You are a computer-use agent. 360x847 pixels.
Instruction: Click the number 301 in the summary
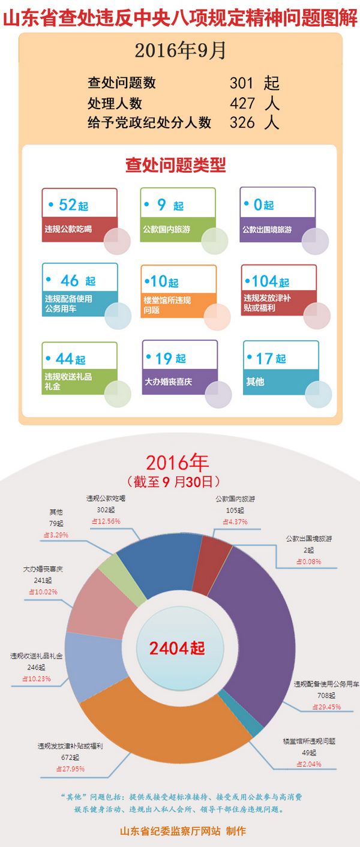[242, 83]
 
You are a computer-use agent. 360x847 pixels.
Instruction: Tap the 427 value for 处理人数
[242, 103]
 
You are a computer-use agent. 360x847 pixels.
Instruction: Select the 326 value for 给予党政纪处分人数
[242, 123]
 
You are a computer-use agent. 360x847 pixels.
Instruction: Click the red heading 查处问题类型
[175, 165]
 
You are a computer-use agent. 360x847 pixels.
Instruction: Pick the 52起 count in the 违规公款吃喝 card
[73, 205]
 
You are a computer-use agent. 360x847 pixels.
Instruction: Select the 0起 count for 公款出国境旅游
[263, 205]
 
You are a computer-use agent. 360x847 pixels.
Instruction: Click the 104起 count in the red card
[269, 281]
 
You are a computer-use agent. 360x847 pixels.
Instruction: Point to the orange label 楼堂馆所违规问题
[167, 305]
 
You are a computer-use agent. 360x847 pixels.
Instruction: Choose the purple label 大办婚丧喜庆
[169, 382]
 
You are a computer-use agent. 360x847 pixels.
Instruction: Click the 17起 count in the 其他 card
[271, 359]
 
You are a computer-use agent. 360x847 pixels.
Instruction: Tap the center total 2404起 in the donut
[177, 648]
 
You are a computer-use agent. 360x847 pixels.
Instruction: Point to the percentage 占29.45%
[326, 707]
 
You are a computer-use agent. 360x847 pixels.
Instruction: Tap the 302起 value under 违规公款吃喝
[106, 510]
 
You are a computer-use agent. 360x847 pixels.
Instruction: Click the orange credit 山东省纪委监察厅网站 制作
[183, 831]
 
